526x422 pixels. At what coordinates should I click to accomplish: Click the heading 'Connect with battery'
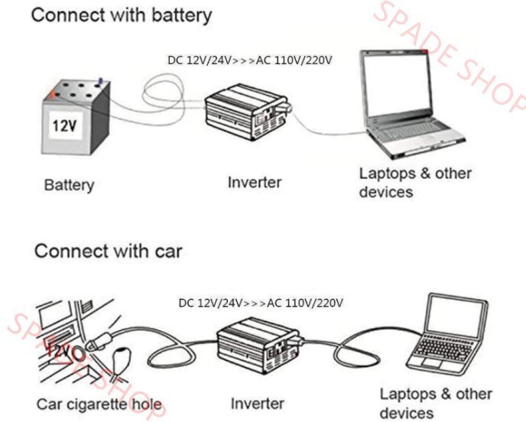[x=121, y=15]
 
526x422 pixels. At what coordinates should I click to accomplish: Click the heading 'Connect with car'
[x=108, y=251]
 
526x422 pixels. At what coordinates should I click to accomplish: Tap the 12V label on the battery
[x=64, y=126]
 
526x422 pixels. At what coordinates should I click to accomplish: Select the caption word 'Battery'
[x=69, y=185]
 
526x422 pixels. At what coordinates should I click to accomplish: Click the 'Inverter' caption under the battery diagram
[x=255, y=183]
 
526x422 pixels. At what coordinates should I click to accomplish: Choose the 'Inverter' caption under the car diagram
[x=258, y=403]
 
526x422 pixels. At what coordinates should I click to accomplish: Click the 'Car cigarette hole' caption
[x=99, y=403]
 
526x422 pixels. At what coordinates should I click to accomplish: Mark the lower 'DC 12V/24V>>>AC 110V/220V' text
[x=261, y=303]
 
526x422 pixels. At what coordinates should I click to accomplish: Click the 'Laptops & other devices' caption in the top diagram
[x=415, y=182]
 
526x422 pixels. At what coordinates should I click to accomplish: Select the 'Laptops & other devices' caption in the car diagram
[x=437, y=404]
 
